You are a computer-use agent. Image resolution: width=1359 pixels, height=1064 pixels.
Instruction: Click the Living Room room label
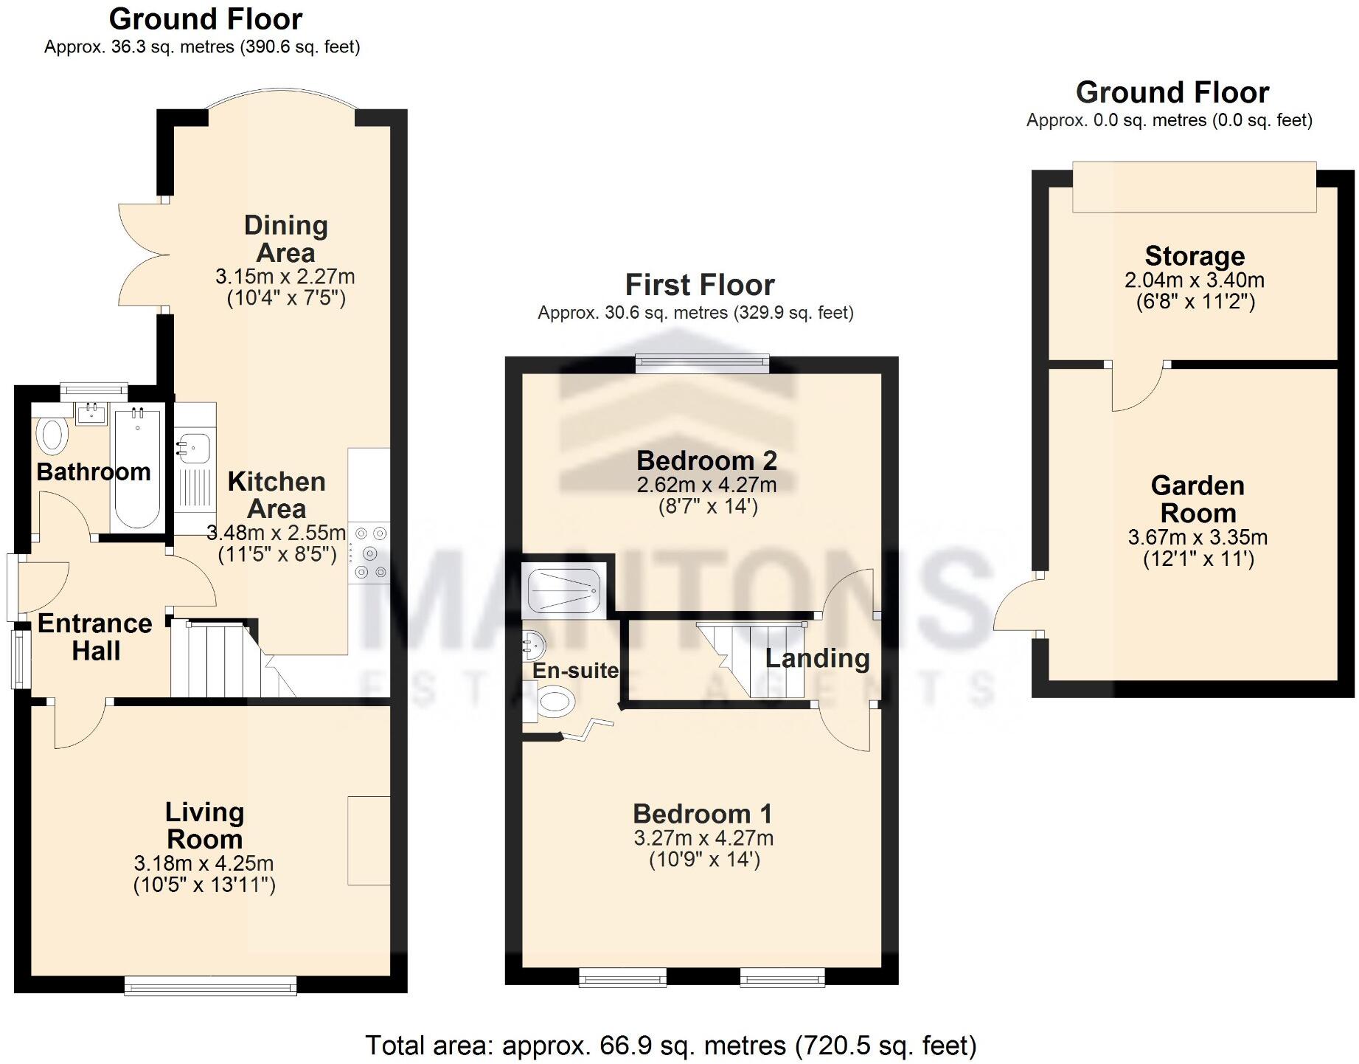point(204,826)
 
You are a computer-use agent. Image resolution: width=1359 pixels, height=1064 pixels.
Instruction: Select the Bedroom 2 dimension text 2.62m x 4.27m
point(706,485)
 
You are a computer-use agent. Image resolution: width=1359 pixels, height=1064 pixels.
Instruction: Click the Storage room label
point(1195,256)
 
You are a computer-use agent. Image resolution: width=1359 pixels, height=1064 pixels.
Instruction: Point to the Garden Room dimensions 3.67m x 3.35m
point(1198,537)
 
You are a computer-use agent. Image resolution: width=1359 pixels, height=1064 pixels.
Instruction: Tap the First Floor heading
point(700,285)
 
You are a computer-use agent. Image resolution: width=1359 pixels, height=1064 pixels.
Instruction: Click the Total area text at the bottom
point(670,1046)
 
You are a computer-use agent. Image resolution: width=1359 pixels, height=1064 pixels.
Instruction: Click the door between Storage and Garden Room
point(1138,387)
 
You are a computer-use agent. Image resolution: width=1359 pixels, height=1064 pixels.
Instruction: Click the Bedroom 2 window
point(703,362)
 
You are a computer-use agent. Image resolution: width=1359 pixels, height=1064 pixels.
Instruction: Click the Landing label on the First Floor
point(817,658)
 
